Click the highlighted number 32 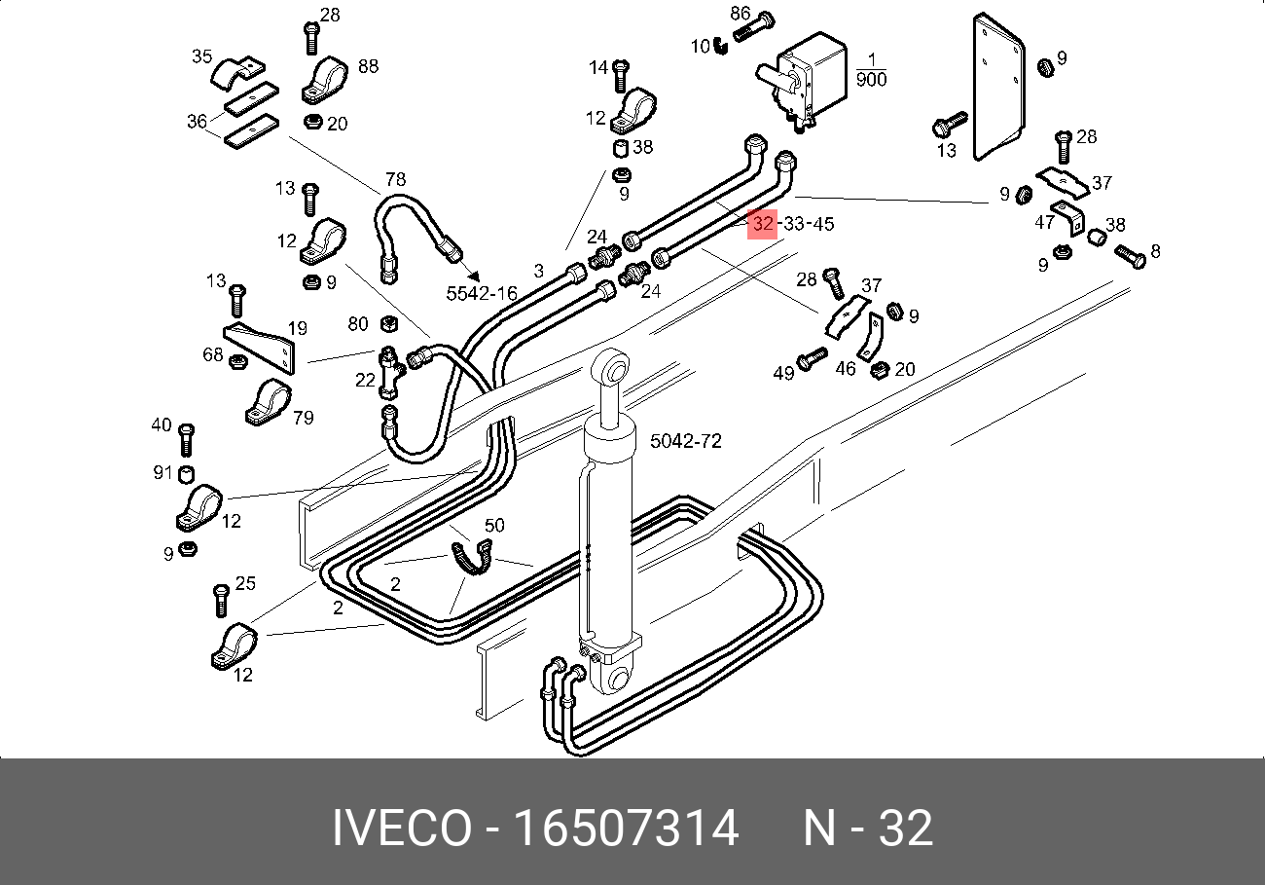click(763, 224)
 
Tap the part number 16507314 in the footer click(626, 830)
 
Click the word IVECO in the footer click(400, 830)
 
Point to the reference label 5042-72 click(685, 441)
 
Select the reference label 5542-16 click(482, 292)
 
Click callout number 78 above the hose click(395, 179)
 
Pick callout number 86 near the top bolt click(741, 14)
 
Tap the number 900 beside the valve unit click(871, 79)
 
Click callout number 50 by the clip click(494, 526)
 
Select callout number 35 click(201, 56)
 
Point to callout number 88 click(368, 66)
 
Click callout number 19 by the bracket click(297, 329)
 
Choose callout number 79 click(303, 418)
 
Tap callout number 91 click(162, 473)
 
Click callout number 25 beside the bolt click(245, 583)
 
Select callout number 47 click(1044, 222)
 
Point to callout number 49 click(783, 372)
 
